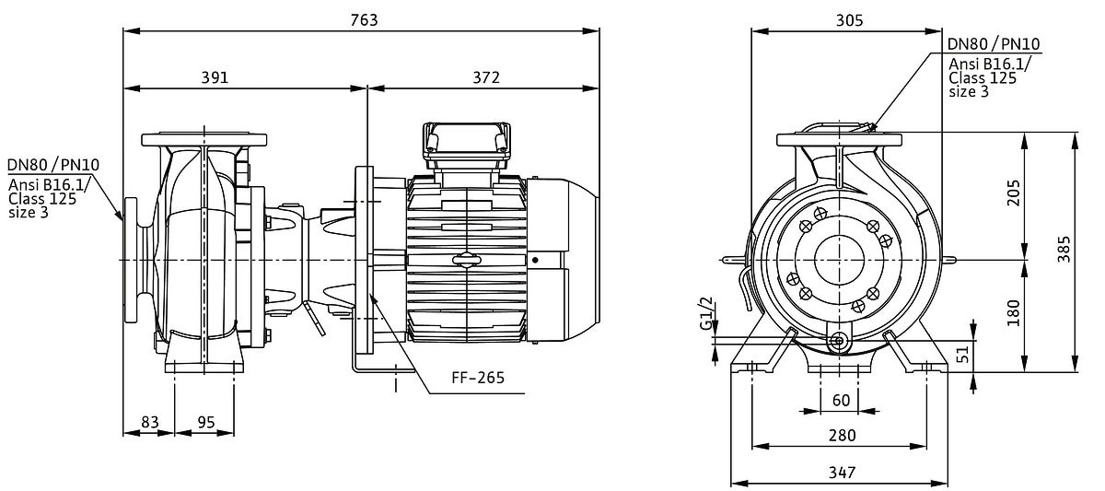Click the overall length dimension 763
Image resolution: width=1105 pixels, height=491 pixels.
[x=365, y=19]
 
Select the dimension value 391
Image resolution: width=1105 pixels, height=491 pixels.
[x=214, y=77]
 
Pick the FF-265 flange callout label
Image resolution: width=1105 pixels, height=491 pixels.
[x=478, y=378]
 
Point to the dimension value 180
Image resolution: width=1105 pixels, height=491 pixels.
[x=1014, y=313]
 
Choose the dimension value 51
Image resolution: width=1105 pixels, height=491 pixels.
[x=963, y=355]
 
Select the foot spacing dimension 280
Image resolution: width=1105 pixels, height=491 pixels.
[x=841, y=435]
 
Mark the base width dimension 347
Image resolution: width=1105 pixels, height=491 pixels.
[x=841, y=472]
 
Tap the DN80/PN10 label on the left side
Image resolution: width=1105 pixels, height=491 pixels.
[x=53, y=165]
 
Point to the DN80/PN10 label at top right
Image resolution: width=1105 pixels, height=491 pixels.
[x=994, y=44]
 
